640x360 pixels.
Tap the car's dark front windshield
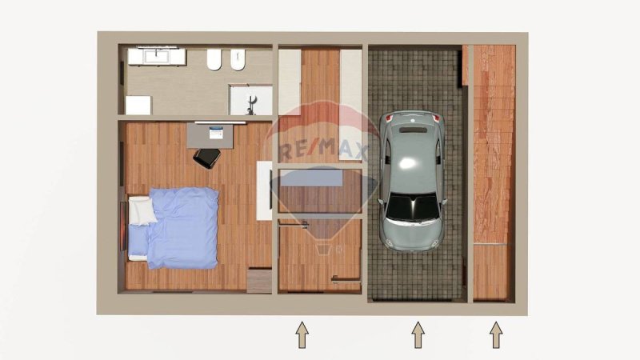click(412, 210)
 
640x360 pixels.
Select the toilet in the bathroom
click(214, 60)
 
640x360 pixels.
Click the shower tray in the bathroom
click(250, 100)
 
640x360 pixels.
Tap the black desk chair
click(206, 158)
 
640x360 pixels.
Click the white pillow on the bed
click(142, 210)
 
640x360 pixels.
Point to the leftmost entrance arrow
click(302, 334)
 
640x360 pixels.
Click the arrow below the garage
click(417, 334)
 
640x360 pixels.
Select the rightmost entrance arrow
click(496, 334)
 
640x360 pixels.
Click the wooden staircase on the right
click(493, 144)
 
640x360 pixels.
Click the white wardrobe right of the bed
click(263, 190)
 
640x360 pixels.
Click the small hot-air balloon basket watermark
click(323, 248)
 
